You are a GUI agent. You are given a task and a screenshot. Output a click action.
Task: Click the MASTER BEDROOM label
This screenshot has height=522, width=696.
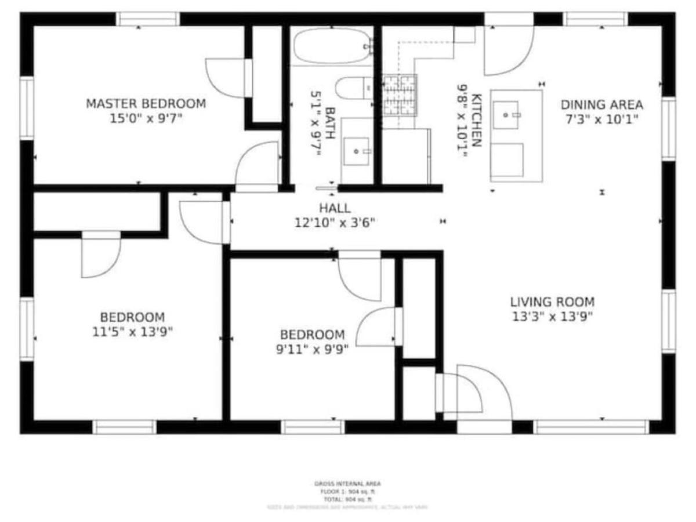[146, 104]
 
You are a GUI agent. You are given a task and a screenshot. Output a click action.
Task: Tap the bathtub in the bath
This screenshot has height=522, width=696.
[332, 45]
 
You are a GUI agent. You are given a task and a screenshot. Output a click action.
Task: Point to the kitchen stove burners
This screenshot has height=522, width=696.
[400, 95]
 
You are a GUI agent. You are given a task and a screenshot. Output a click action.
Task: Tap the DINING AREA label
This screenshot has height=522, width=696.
[601, 105]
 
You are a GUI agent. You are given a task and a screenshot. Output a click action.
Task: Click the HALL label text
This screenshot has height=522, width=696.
[335, 208]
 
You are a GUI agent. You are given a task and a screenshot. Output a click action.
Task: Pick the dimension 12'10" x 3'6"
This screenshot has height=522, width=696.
[335, 222]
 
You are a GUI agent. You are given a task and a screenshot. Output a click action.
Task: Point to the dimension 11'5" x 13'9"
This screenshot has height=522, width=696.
[132, 332]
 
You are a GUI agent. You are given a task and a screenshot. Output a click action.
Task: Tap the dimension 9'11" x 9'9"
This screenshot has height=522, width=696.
[312, 350]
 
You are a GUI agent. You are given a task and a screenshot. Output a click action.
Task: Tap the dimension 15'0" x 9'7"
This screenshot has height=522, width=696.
[146, 119]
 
